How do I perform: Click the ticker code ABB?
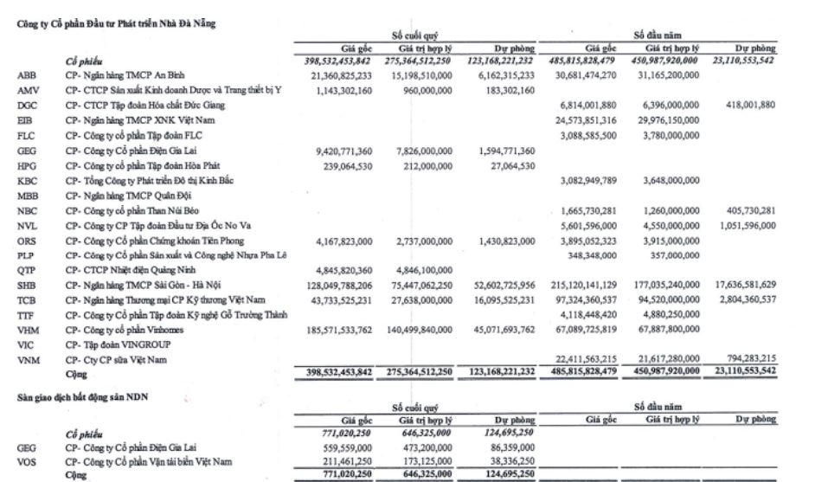(x=26, y=75)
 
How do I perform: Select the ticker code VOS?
(x=26, y=462)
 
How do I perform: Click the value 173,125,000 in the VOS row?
(x=426, y=462)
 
